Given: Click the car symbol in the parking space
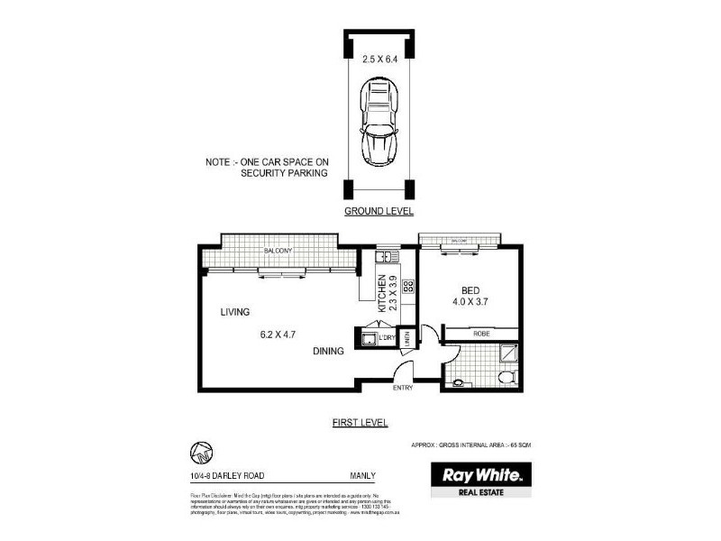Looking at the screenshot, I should click(x=379, y=122).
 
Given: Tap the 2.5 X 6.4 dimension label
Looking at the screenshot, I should click(x=379, y=60).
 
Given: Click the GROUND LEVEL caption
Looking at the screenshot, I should click(x=379, y=211).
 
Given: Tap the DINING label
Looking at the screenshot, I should click(x=328, y=352).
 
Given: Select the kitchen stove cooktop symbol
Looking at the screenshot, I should click(x=406, y=288).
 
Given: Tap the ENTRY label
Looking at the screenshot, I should click(x=403, y=389).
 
